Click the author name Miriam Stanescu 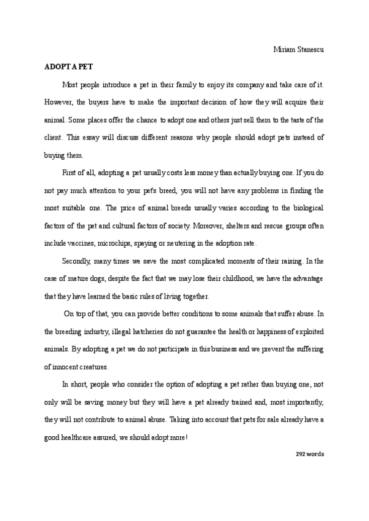(x=298, y=50)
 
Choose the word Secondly (x=77, y=262)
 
